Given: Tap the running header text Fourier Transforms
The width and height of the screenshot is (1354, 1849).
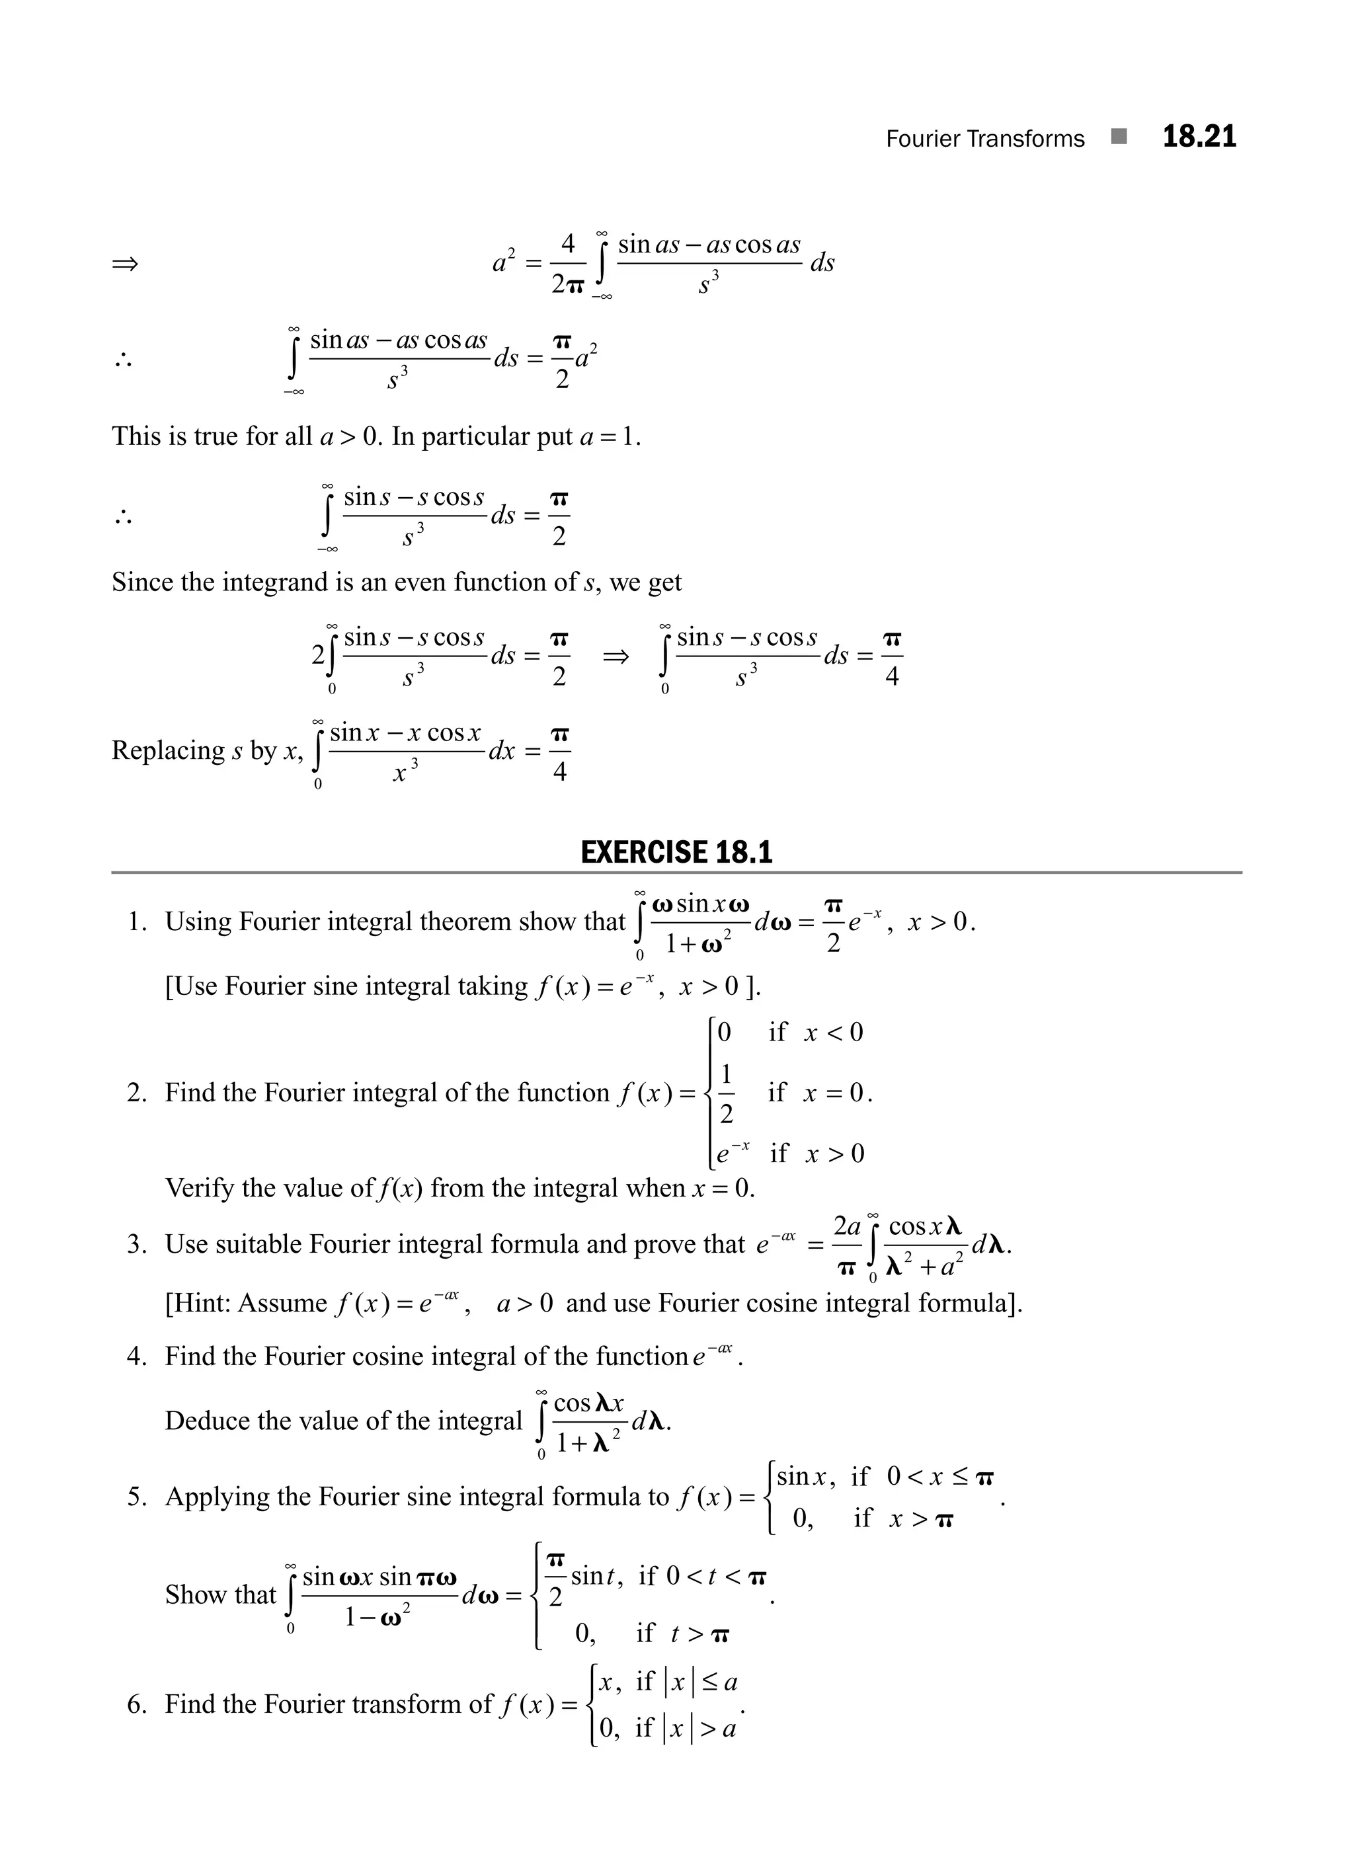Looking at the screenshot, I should (984, 139).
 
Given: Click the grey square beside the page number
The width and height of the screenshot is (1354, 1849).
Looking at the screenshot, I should (1119, 137).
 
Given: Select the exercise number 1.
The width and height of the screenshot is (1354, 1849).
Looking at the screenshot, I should (137, 922).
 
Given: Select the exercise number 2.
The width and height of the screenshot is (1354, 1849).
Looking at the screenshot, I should (137, 1093).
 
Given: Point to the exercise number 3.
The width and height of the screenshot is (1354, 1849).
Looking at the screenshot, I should (137, 1245).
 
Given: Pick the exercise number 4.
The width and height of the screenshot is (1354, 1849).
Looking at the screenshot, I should (137, 1357).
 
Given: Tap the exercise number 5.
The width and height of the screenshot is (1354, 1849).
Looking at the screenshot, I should (137, 1497).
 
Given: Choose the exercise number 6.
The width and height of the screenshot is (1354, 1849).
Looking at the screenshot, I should (137, 1705).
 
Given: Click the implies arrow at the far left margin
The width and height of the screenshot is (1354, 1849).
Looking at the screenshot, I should (126, 264).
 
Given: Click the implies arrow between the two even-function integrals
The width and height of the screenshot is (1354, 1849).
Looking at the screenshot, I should (616, 656).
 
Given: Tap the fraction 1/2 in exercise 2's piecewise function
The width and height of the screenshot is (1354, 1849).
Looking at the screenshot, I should (725, 1093).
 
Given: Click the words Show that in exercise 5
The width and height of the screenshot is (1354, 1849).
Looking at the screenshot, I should (220, 1595).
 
